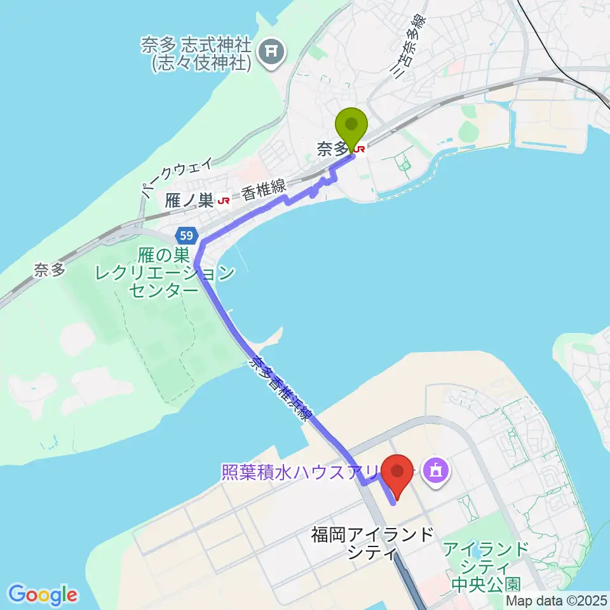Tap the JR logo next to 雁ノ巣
[x=224, y=201]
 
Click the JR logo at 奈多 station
[x=360, y=149]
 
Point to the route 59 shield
[x=186, y=236]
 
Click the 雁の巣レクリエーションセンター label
[x=165, y=274]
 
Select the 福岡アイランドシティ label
[x=372, y=543]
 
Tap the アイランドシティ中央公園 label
[x=487, y=565]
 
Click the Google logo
[x=43, y=594]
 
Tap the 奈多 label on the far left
[x=50, y=269]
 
